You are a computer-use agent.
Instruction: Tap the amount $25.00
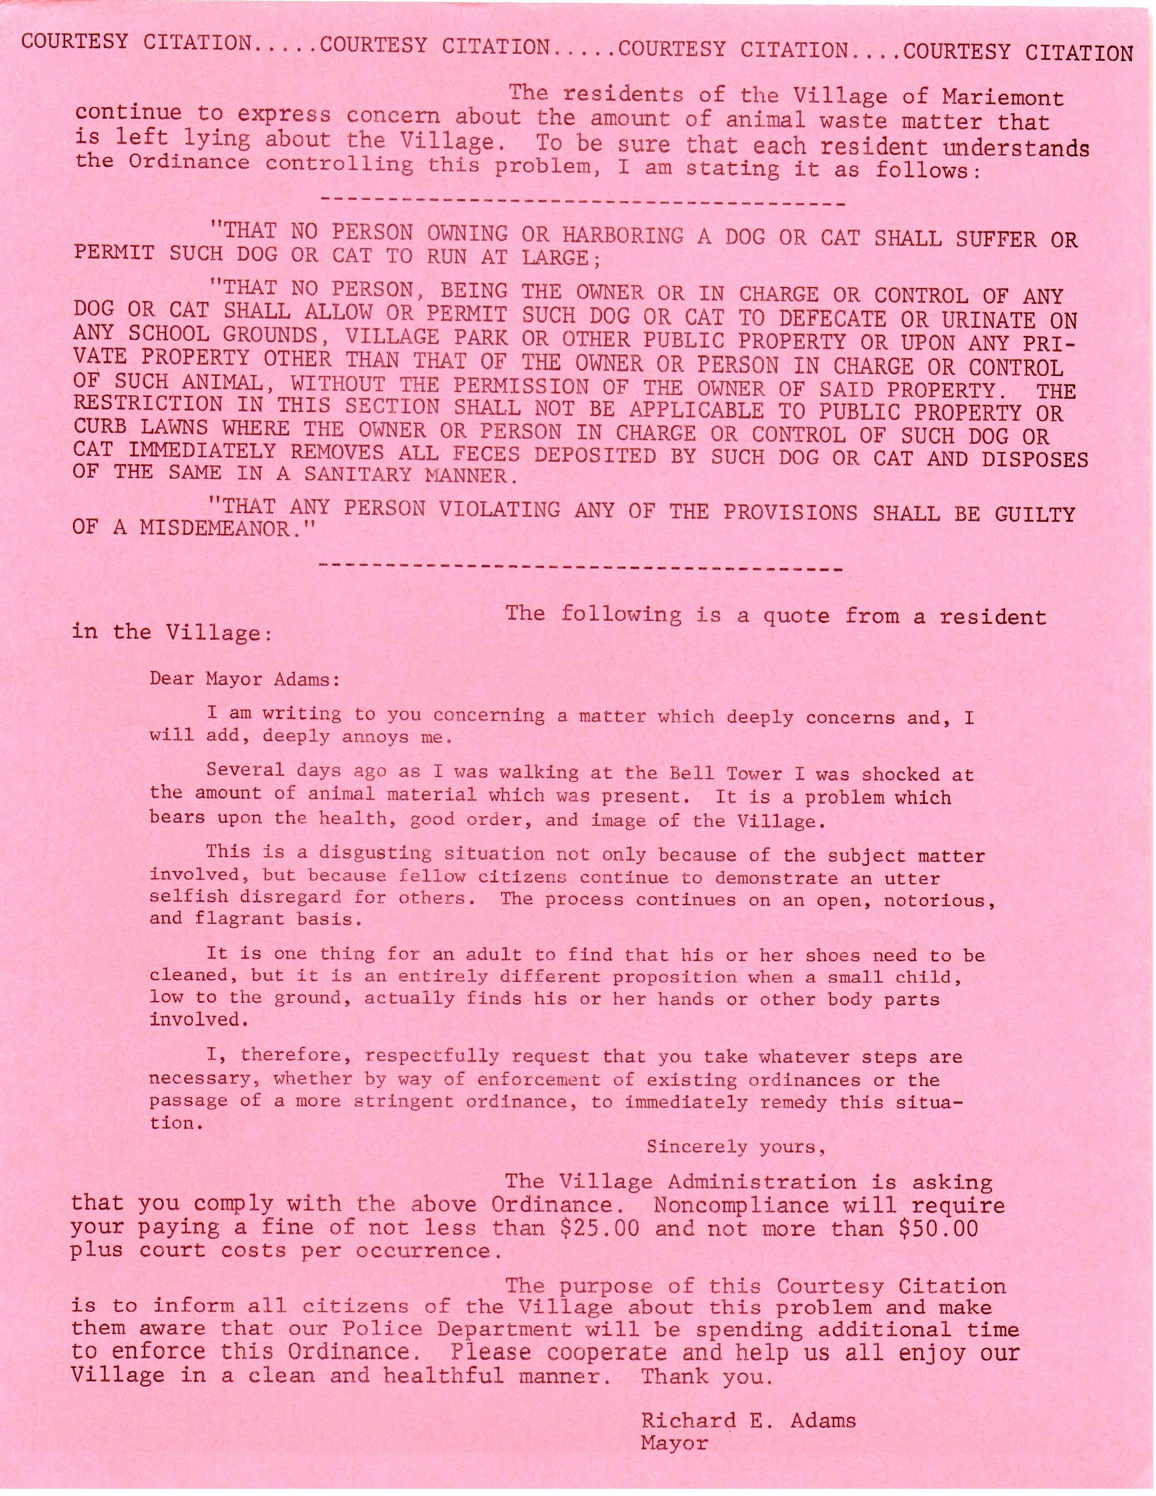pos(599,1228)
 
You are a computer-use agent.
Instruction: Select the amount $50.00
pos(938,1228)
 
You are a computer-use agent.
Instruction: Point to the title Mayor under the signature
pos(674,1443)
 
